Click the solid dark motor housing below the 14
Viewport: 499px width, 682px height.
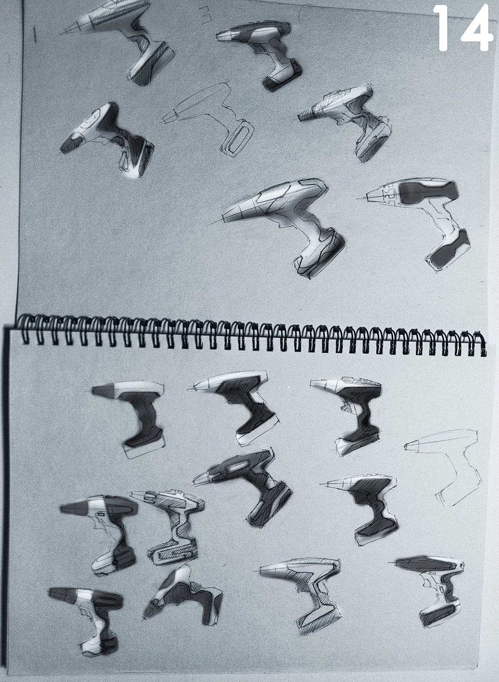[429, 193]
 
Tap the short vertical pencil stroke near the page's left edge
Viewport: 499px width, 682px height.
[35, 34]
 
